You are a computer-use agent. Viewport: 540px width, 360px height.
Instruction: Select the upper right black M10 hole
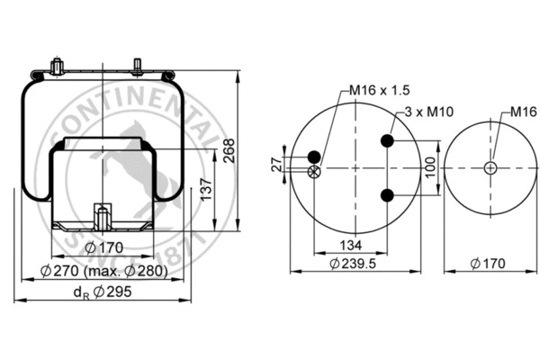click(x=387, y=141)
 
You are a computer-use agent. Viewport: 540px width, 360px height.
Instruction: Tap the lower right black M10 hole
click(x=387, y=196)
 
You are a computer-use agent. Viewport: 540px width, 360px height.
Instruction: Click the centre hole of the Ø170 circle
click(x=488, y=168)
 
